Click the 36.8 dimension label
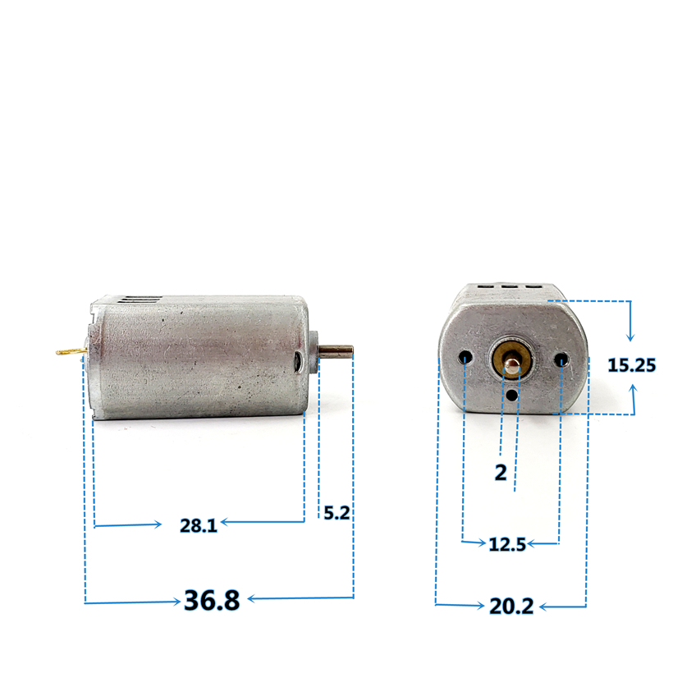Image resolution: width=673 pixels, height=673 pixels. point(212,601)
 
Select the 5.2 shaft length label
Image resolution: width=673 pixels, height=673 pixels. point(336,514)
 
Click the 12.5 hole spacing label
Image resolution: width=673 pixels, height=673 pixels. point(506,545)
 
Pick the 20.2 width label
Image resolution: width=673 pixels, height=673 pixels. point(511,607)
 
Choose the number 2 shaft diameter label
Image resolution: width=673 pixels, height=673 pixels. point(501,474)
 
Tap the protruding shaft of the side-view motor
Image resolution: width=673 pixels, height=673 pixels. point(337,352)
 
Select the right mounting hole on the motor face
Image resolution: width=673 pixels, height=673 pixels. point(562,359)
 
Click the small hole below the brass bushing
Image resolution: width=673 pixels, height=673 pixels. point(513,395)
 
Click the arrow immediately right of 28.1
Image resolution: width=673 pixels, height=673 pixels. point(226,521)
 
